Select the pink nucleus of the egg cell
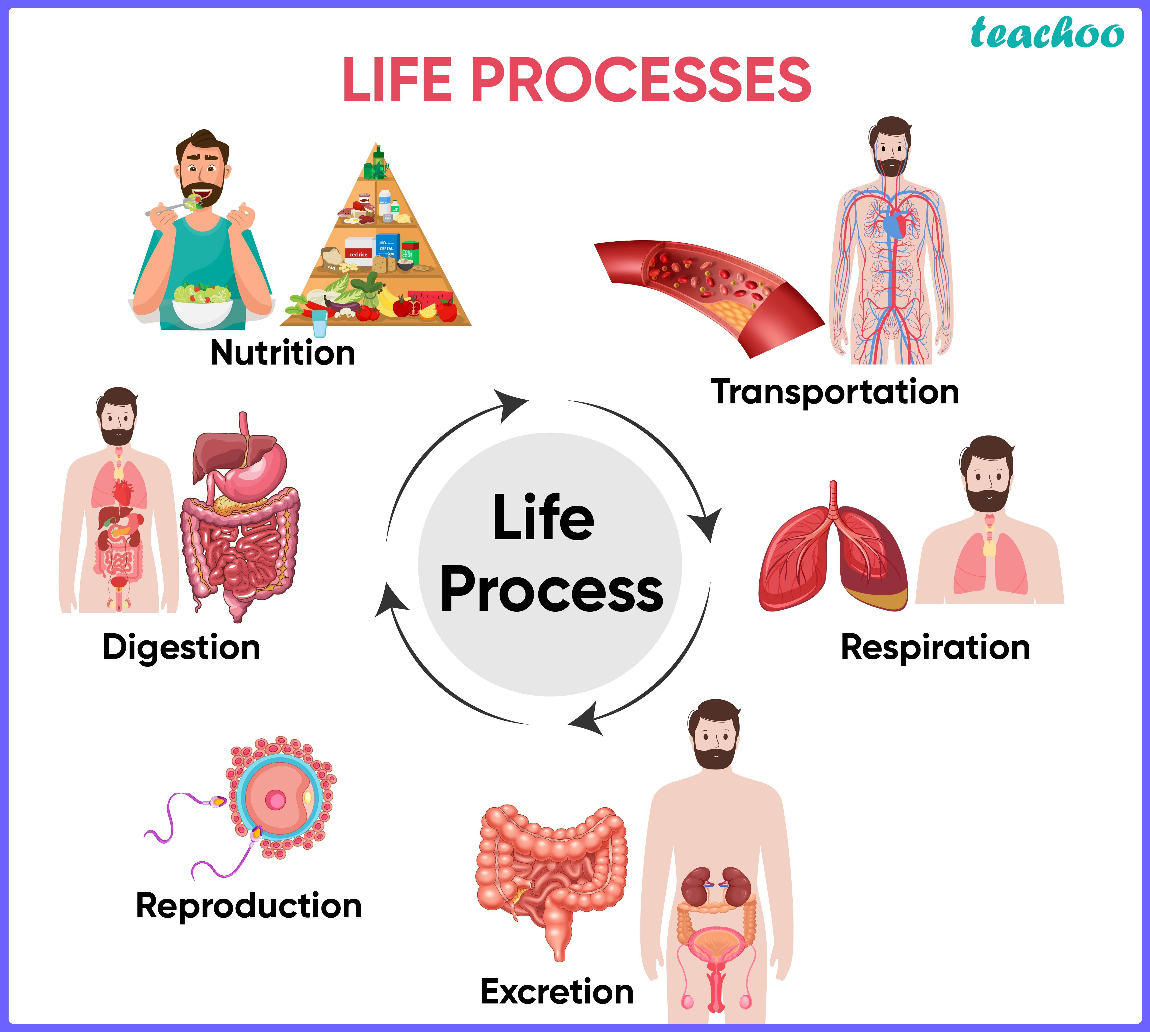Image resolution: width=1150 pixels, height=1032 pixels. tap(276, 801)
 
